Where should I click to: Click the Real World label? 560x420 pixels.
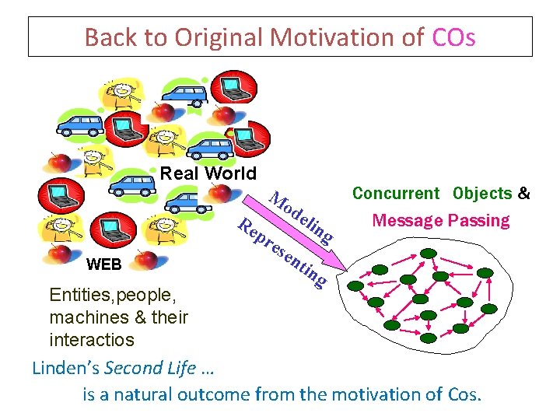click(208, 173)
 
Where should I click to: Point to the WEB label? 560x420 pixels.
click(103, 264)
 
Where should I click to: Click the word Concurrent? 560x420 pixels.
click(396, 194)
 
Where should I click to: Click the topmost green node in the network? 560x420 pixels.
click(427, 253)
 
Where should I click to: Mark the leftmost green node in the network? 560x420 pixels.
click(355, 285)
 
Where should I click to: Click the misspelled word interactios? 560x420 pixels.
click(91, 340)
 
